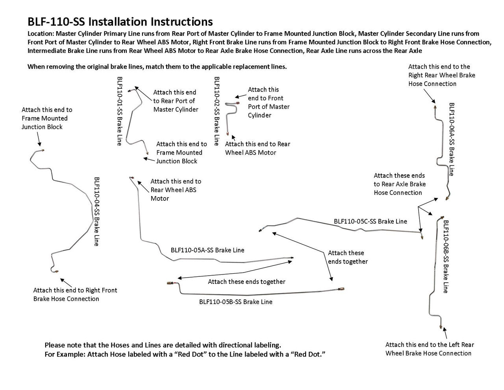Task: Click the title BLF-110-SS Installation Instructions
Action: click(120, 21)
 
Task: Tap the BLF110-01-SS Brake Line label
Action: click(120, 111)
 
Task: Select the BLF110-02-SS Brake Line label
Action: click(216, 111)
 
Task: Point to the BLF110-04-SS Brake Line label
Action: click(96, 211)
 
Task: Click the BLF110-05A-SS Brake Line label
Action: click(207, 250)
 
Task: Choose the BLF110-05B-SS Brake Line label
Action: click(235, 302)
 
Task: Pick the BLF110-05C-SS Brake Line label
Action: click(370, 221)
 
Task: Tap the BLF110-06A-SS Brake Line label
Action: click(452, 139)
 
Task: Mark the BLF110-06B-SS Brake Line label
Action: click(446, 256)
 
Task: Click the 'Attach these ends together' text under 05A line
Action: click(246, 282)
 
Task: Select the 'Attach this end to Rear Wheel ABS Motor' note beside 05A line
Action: click(176, 190)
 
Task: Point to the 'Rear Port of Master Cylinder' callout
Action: click(176, 101)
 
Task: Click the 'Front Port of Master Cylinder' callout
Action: click(269, 103)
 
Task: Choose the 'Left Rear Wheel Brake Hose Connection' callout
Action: click(429, 349)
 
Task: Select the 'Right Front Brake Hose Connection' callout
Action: click(75, 295)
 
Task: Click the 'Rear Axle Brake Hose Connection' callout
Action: click(399, 184)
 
